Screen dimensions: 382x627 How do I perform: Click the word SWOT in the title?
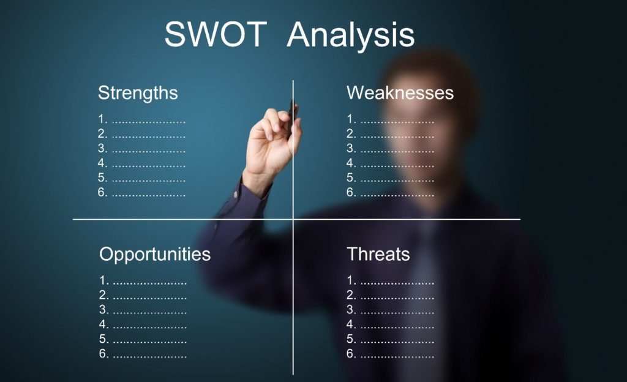[x=216, y=34]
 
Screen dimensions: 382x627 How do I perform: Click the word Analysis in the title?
[x=351, y=36]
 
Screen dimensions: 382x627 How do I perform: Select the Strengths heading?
[x=138, y=93]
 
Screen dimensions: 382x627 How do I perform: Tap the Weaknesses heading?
[x=400, y=92]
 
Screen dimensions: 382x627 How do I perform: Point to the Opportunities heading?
[x=155, y=254]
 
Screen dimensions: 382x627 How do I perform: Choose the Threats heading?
[x=378, y=254]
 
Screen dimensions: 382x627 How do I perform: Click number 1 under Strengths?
[x=102, y=119]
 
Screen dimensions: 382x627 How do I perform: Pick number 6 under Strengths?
[x=102, y=192]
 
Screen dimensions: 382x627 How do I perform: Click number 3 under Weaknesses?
[x=351, y=148]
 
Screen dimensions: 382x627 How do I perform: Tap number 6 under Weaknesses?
[x=351, y=192]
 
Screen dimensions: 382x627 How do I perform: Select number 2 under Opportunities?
[x=103, y=295]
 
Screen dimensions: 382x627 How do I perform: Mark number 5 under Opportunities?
[x=103, y=339]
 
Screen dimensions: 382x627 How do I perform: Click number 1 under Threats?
[x=351, y=280]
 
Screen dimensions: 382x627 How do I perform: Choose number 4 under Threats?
[x=351, y=324]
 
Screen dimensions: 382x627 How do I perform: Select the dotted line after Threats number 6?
[x=397, y=355]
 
